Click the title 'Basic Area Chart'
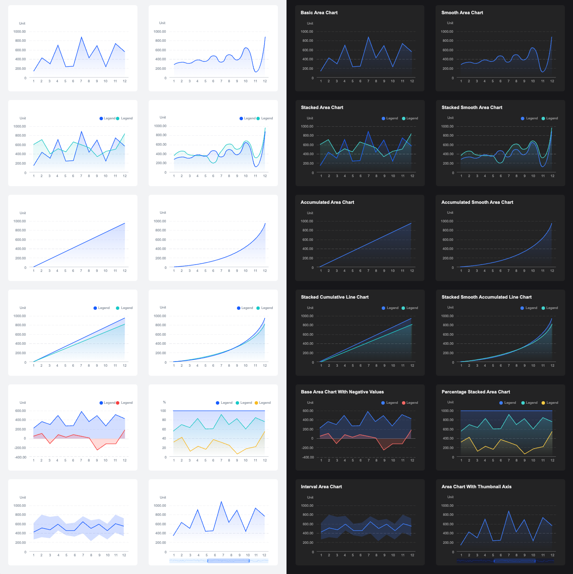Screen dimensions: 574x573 [x=319, y=13]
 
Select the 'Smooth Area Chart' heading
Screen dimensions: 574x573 [x=462, y=13]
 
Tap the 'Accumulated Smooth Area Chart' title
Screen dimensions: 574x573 [x=477, y=203]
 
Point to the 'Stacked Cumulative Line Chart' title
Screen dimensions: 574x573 [x=334, y=297]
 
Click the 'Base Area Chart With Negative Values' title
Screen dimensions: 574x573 [x=342, y=392]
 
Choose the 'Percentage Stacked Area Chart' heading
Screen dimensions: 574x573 [x=476, y=392]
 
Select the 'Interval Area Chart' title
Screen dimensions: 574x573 [x=321, y=487]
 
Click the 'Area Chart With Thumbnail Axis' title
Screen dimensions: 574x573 [x=476, y=487]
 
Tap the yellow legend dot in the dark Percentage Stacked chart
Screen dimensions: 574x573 [x=543, y=403]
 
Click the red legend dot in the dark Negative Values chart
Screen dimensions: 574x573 [x=404, y=403]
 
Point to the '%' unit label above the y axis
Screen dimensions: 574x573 [x=164, y=402]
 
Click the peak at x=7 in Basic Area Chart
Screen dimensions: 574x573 [x=368, y=37]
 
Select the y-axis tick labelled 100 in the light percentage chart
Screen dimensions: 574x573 [x=163, y=411]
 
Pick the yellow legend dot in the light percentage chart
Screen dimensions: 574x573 [x=256, y=403]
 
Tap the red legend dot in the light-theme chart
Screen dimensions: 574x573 [x=118, y=403]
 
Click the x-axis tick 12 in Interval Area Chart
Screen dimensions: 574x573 [x=412, y=555]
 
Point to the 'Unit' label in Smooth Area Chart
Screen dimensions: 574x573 [x=450, y=23]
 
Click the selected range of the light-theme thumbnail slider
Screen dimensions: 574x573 [x=228, y=561]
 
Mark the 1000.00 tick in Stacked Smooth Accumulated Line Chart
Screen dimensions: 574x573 [x=447, y=316]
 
